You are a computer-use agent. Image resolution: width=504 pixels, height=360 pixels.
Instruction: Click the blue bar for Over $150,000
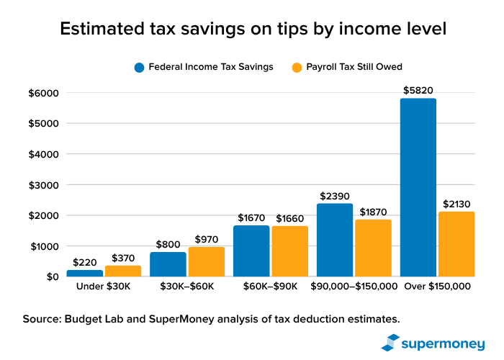click(418, 187)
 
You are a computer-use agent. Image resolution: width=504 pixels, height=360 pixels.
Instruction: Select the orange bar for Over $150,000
click(456, 244)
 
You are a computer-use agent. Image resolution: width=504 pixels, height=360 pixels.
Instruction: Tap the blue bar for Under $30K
click(84, 273)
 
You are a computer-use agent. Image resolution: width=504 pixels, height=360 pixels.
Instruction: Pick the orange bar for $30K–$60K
click(207, 262)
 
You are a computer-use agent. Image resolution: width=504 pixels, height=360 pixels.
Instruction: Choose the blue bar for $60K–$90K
click(251, 251)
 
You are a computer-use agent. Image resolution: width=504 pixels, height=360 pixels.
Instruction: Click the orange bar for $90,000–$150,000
click(373, 248)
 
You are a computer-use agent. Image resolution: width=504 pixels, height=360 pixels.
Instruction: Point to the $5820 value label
click(418, 91)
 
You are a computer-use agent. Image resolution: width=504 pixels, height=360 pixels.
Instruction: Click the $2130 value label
click(456, 204)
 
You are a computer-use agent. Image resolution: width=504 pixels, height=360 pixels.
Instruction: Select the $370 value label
click(123, 258)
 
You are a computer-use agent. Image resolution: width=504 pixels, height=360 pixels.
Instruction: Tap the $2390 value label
click(335, 196)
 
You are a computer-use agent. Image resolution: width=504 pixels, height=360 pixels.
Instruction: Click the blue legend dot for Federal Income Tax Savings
click(140, 67)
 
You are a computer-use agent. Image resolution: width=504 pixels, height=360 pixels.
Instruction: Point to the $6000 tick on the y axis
click(42, 93)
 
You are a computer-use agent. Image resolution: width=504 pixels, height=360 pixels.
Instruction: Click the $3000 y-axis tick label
click(42, 185)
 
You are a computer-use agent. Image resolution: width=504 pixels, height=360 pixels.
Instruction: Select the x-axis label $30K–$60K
click(187, 287)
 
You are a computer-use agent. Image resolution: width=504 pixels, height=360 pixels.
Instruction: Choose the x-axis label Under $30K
click(104, 287)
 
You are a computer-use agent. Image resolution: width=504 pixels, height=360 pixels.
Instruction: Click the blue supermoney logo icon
click(390, 342)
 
